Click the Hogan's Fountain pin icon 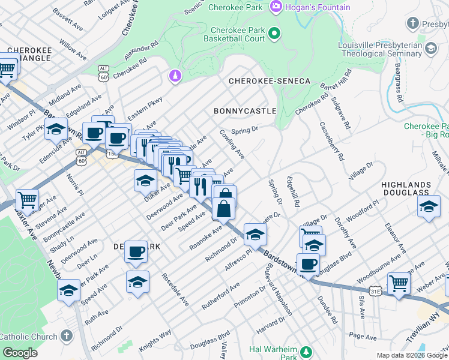click(276, 7)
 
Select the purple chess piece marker click(175, 76)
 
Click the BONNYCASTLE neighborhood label click(245, 111)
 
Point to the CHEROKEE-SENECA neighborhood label click(269, 81)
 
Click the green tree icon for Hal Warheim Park click(306, 351)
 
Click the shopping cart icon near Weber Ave click(399, 282)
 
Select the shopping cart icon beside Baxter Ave click(27, 199)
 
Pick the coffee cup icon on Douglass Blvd click(309, 263)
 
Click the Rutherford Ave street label click(220, 295)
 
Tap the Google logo click(20, 353)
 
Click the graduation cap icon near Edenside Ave click(56, 128)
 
